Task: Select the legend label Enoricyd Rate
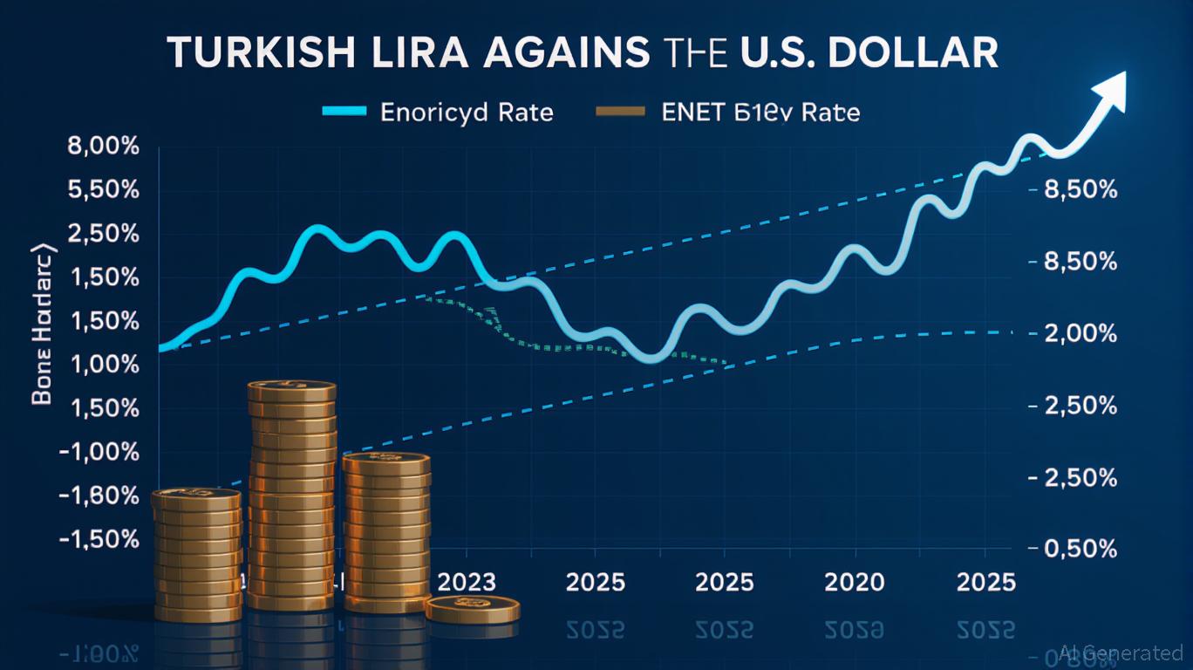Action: tap(467, 113)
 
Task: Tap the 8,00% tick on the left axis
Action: tap(103, 147)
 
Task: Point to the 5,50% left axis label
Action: tap(103, 190)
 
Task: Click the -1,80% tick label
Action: tap(98, 496)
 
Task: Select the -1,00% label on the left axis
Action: tap(98, 452)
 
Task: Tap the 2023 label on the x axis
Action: tap(466, 582)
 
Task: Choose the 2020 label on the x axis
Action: tap(856, 582)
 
